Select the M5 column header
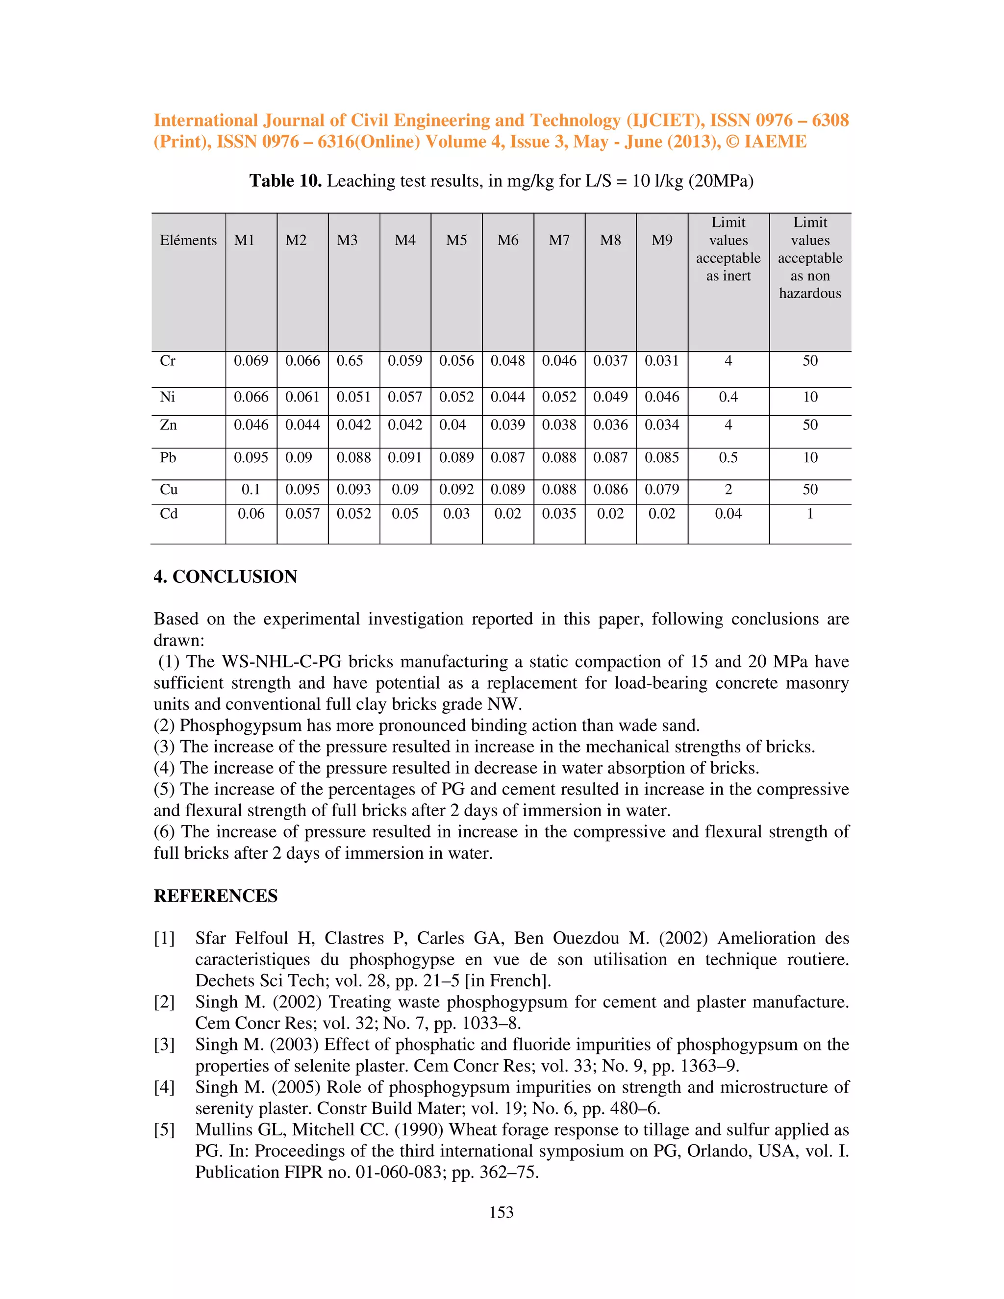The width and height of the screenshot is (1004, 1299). point(456,240)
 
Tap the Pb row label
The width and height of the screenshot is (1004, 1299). point(168,457)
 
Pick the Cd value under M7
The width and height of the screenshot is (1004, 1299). point(558,513)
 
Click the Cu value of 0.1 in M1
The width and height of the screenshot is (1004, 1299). point(251,490)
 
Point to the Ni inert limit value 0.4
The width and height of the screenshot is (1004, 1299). point(728,397)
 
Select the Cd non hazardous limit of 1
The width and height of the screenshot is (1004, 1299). point(809,513)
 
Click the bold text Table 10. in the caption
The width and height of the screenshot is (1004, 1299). point(285,181)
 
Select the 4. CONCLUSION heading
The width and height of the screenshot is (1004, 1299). point(225,576)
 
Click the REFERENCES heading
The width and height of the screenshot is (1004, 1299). point(215,896)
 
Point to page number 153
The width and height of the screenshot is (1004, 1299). point(501,1212)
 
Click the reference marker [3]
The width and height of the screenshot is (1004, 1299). point(164,1045)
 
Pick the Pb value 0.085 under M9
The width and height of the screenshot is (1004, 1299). point(661,457)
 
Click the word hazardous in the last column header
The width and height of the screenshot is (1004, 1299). point(809,293)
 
